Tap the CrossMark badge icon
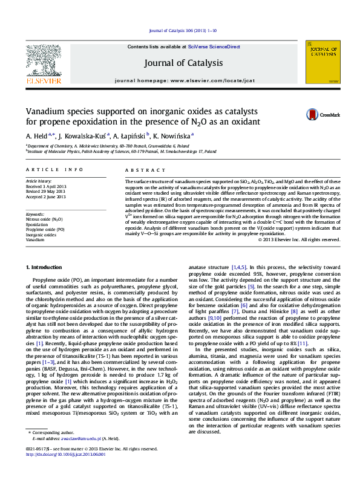(x=312, y=114)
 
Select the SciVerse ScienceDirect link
(x=214, y=47)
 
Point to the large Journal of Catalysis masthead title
(x=183, y=62)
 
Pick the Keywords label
(x=36, y=215)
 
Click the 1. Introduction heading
(x=45, y=267)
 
